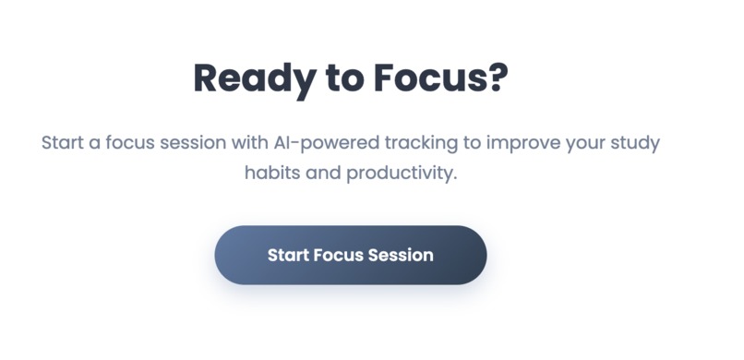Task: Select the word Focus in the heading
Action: pyautogui.click(x=426, y=78)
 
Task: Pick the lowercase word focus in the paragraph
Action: pyautogui.click(x=138, y=145)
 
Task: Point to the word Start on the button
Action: pyautogui.click(x=287, y=255)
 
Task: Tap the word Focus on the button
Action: pyautogui.click(x=339, y=255)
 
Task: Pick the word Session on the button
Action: pyautogui.click(x=402, y=255)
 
